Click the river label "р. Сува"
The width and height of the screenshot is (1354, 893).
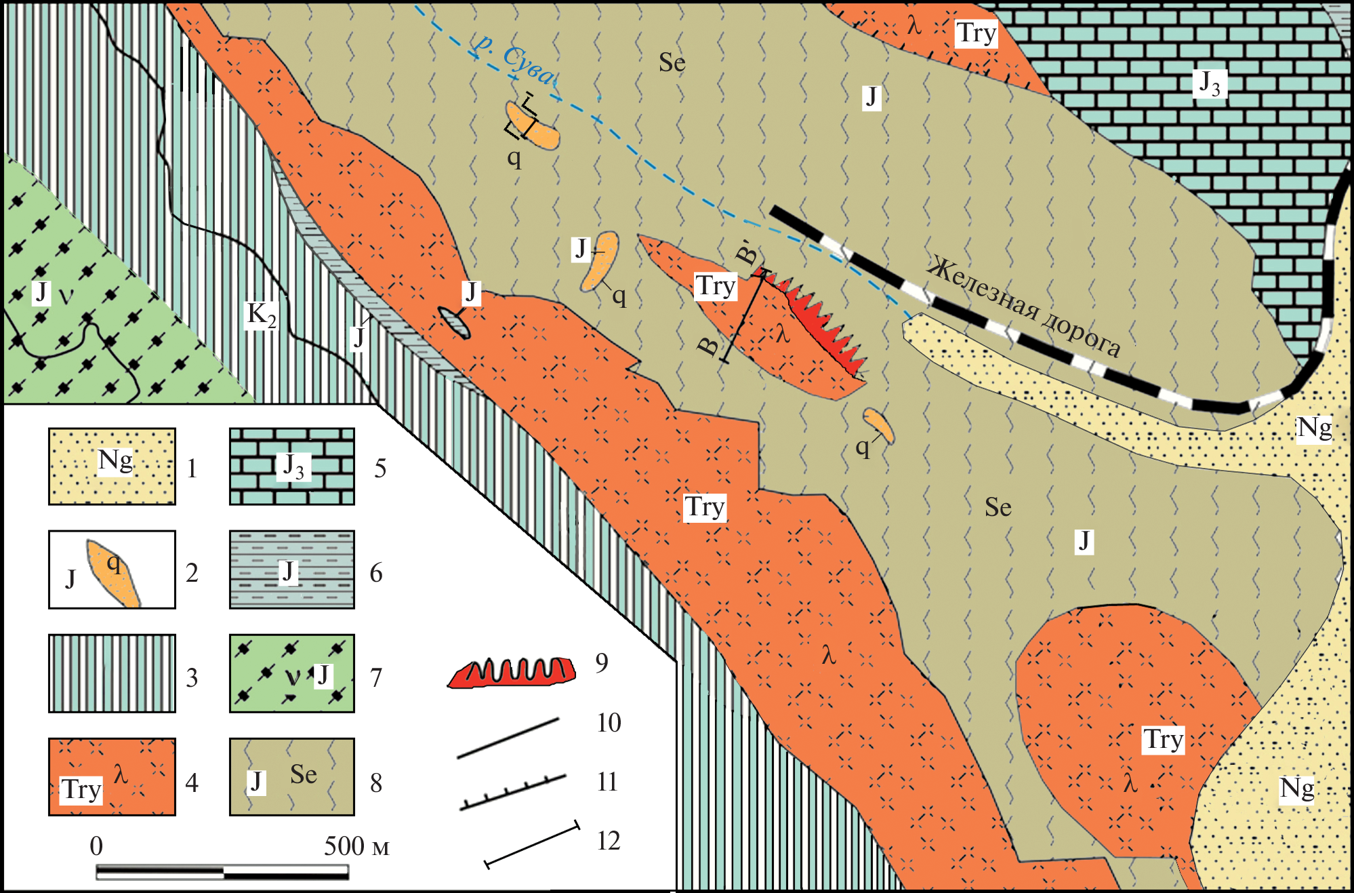[514, 59]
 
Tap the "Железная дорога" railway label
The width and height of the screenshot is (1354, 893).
[1023, 306]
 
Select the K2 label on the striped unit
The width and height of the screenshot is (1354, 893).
[262, 315]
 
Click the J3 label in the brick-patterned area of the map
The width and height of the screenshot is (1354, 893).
[1210, 83]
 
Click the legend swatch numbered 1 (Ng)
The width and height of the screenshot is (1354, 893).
[112, 467]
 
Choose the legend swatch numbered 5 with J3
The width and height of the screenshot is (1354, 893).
[292, 467]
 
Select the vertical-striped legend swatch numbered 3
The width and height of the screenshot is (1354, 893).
[112, 673]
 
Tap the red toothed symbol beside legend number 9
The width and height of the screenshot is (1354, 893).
[512, 672]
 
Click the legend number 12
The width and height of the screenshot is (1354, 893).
[609, 841]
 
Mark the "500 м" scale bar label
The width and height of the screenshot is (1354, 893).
[356, 846]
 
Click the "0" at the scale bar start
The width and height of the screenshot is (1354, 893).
[96, 846]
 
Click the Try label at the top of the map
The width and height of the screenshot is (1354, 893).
[976, 33]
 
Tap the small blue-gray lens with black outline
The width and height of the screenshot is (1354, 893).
[453, 322]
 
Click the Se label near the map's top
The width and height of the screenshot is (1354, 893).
[672, 63]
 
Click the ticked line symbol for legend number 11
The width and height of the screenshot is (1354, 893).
[513, 791]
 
